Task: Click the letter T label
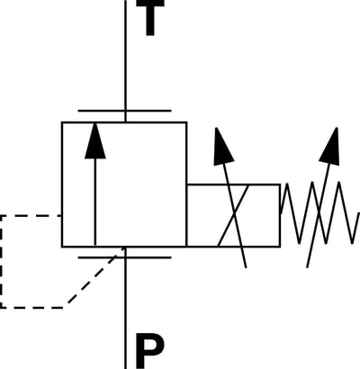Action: point(150,17)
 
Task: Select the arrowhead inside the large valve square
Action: point(95,140)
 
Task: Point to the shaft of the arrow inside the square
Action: point(95,202)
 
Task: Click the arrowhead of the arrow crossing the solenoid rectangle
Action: point(223,147)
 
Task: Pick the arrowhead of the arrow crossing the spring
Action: point(329,147)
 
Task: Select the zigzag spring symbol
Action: point(319,212)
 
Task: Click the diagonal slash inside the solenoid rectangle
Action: point(233,215)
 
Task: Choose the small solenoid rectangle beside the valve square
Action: point(233,215)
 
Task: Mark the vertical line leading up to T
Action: point(125,61)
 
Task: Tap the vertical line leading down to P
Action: point(125,308)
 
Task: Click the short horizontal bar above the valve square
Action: point(124,111)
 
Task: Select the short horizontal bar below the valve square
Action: point(124,257)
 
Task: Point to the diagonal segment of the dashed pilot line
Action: point(96,276)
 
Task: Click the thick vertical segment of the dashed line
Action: point(1,262)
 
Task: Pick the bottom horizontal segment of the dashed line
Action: point(32,308)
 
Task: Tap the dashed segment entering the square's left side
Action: point(31,215)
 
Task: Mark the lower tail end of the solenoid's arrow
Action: point(246,267)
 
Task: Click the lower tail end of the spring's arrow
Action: point(307,267)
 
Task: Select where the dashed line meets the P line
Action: point(125,247)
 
